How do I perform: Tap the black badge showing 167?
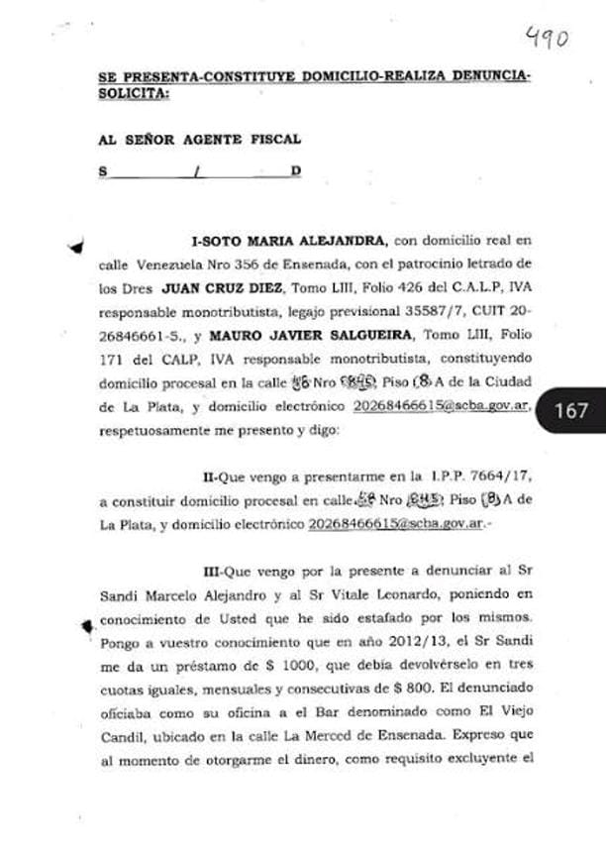point(571,410)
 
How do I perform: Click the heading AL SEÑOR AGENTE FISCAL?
point(199,140)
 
